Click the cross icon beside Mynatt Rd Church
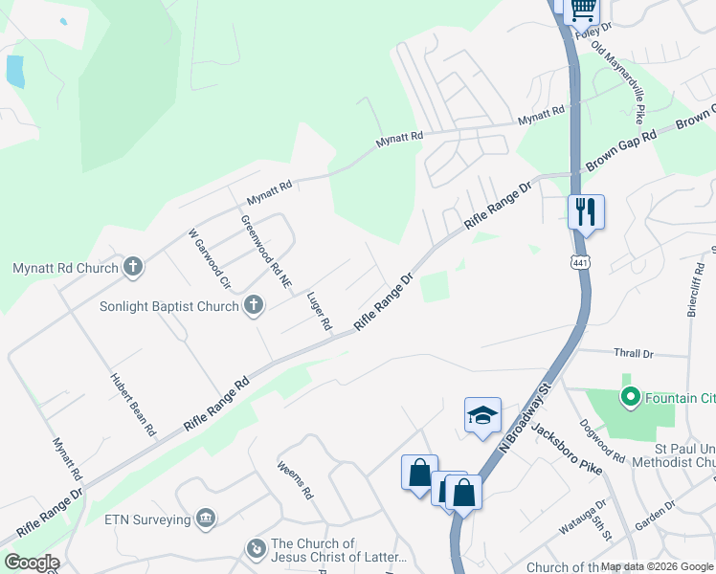133,268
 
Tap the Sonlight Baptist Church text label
169,307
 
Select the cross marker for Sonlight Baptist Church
253,306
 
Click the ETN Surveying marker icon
205,519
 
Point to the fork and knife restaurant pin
585,211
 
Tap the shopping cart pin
583,10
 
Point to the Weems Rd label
295,480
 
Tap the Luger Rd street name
319,306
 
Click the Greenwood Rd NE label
266,252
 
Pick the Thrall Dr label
634,353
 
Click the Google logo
31,563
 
